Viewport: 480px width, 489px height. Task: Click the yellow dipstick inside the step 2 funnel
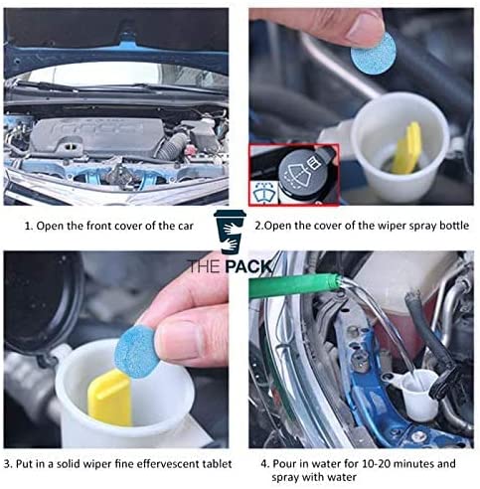click(406, 148)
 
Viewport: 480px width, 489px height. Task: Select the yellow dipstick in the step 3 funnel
click(109, 398)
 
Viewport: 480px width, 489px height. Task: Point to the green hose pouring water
click(294, 285)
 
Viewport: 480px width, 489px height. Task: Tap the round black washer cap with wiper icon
click(299, 172)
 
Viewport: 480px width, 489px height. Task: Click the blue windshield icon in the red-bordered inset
click(263, 194)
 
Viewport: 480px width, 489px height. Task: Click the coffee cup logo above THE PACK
click(230, 232)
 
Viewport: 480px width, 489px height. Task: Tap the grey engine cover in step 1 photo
click(96, 135)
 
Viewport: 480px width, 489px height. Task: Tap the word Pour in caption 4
click(283, 463)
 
